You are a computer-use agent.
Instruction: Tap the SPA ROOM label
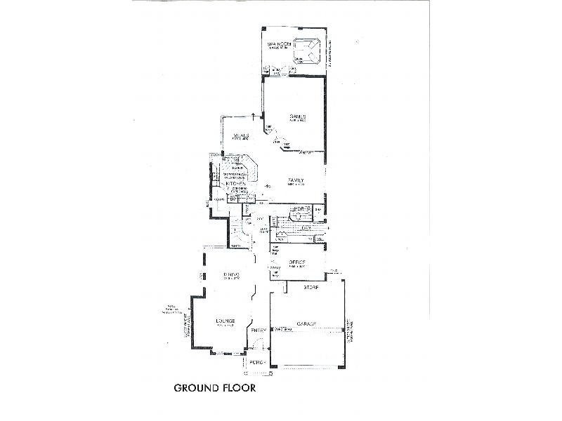click(x=278, y=46)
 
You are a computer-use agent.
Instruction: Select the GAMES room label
click(x=296, y=117)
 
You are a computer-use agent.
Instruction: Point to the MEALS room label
click(x=242, y=136)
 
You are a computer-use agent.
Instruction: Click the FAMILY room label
click(x=295, y=182)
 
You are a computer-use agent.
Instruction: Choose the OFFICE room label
click(x=296, y=263)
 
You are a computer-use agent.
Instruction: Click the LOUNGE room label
click(x=225, y=322)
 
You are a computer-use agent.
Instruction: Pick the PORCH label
click(x=258, y=361)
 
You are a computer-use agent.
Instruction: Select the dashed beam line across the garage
click(x=309, y=328)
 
